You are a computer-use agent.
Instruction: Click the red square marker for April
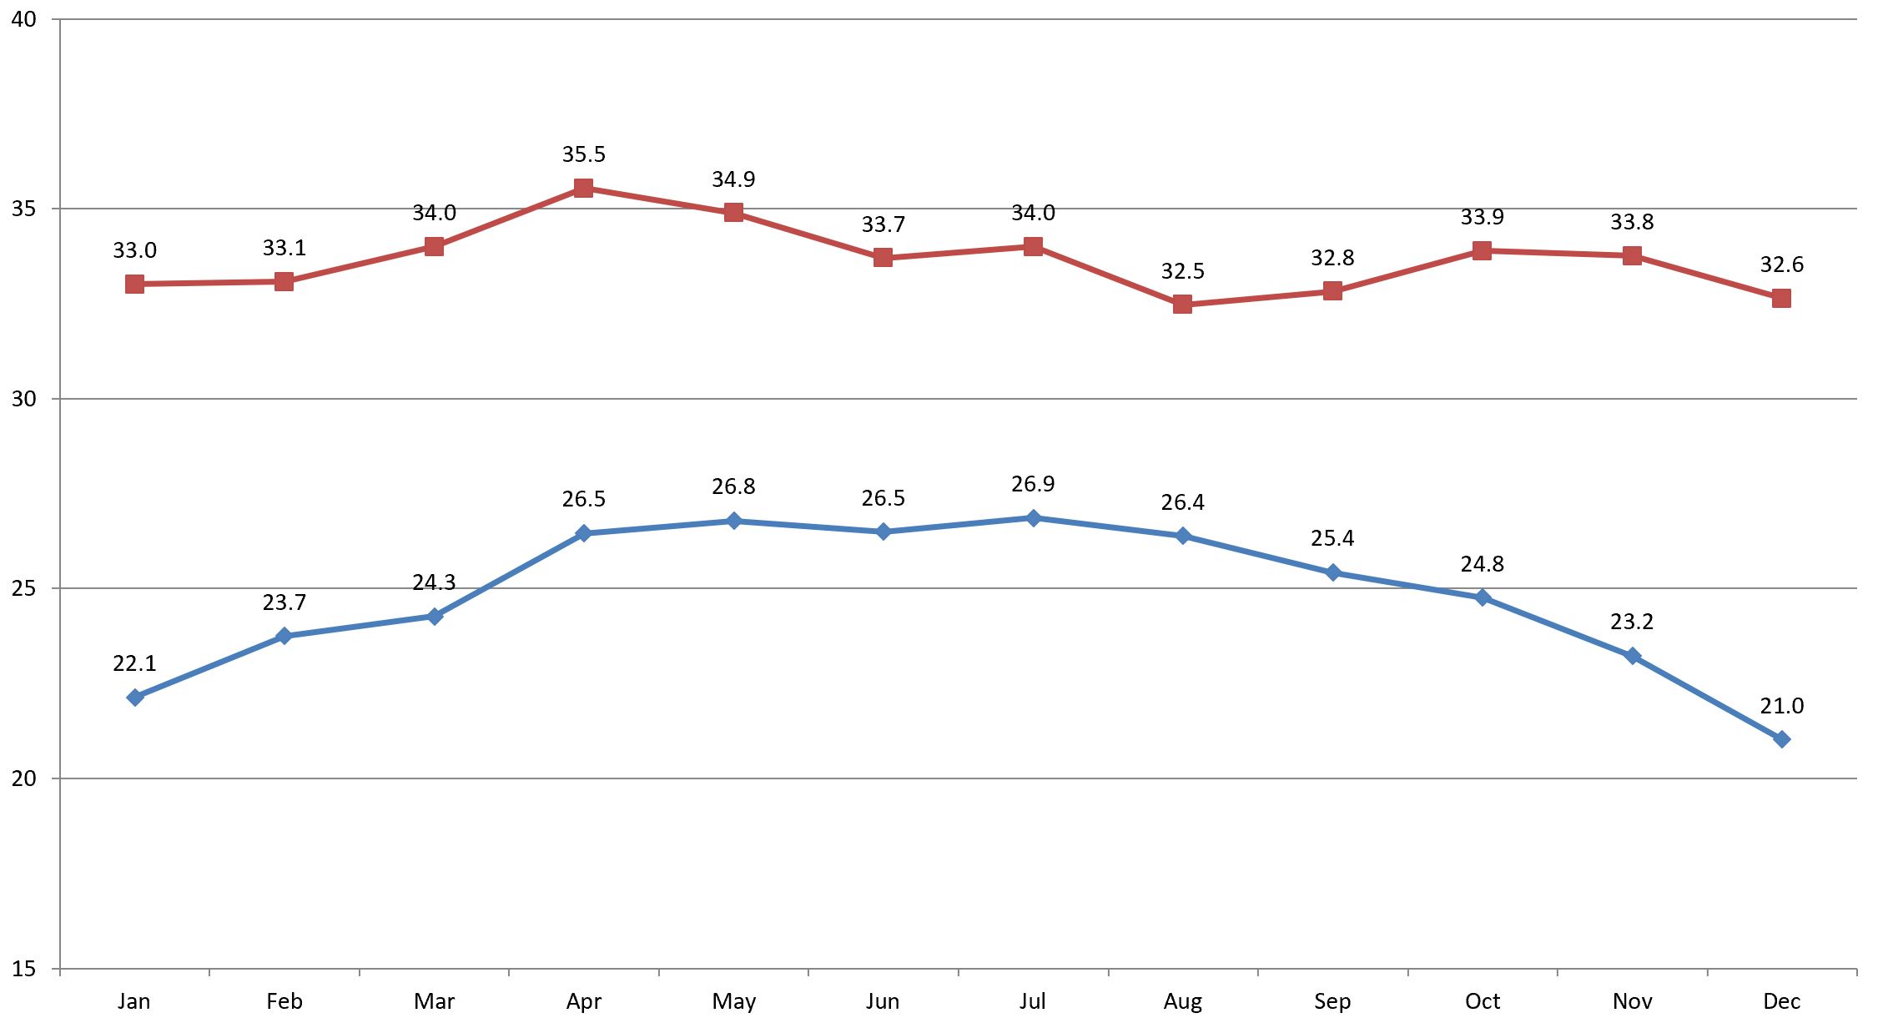coord(583,189)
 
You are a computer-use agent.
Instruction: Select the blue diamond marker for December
coord(1781,739)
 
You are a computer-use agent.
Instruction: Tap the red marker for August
coord(1182,305)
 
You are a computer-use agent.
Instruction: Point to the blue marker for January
coord(134,698)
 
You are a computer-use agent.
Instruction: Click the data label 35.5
coord(583,154)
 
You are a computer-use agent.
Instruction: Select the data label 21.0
coord(1781,706)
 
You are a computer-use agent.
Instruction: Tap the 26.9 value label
coord(1033,484)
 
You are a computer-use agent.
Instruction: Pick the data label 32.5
coord(1182,271)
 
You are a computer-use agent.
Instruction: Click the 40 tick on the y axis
coord(24,18)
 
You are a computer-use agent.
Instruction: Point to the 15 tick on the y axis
coord(24,969)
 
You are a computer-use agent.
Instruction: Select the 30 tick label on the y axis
coord(24,399)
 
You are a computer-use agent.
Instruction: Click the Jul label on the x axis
coord(1032,1001)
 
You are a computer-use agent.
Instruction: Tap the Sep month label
coord(1332,1001)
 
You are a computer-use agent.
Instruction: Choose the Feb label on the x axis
coord(284,1001)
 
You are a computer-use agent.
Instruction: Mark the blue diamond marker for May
coord(733,522)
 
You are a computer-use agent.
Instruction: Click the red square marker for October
coord(1482,250)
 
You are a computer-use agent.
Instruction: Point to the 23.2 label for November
coord(1632,622)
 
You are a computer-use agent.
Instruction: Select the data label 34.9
coord(733,179)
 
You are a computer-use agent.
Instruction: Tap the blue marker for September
coord(1332,572)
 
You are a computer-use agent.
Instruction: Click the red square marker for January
coord(134,285)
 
